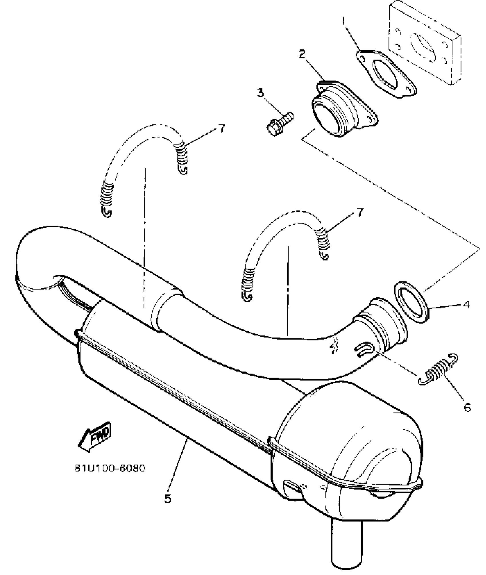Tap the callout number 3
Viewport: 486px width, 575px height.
260,93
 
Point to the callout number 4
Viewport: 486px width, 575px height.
466,305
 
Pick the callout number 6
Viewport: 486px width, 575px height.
467,407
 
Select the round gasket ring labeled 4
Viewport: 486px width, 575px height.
412,302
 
